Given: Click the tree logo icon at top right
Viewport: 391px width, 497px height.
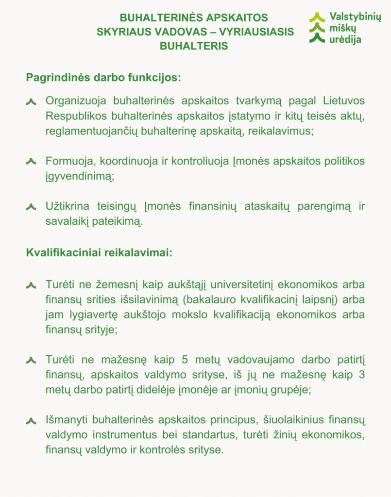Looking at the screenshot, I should click(317, 28).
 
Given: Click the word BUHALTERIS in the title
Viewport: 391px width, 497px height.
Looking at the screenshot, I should click(194, 46).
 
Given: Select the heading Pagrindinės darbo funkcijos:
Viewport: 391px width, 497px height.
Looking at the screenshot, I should click(103, 78).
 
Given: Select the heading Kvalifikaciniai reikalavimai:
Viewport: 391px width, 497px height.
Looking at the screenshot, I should click(99, 253).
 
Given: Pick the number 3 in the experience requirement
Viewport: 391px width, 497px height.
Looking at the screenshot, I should click(361, 375).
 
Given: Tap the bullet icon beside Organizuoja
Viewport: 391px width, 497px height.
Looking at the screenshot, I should click(31, 101).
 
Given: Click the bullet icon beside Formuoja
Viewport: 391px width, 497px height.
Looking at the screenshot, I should click(31, 162).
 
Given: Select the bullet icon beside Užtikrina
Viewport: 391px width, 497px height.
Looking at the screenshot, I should click(31, 207).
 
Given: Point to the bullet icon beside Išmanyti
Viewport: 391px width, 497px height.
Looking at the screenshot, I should click(31, 420).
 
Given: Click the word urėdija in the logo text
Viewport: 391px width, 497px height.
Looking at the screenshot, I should click(345, 40).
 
